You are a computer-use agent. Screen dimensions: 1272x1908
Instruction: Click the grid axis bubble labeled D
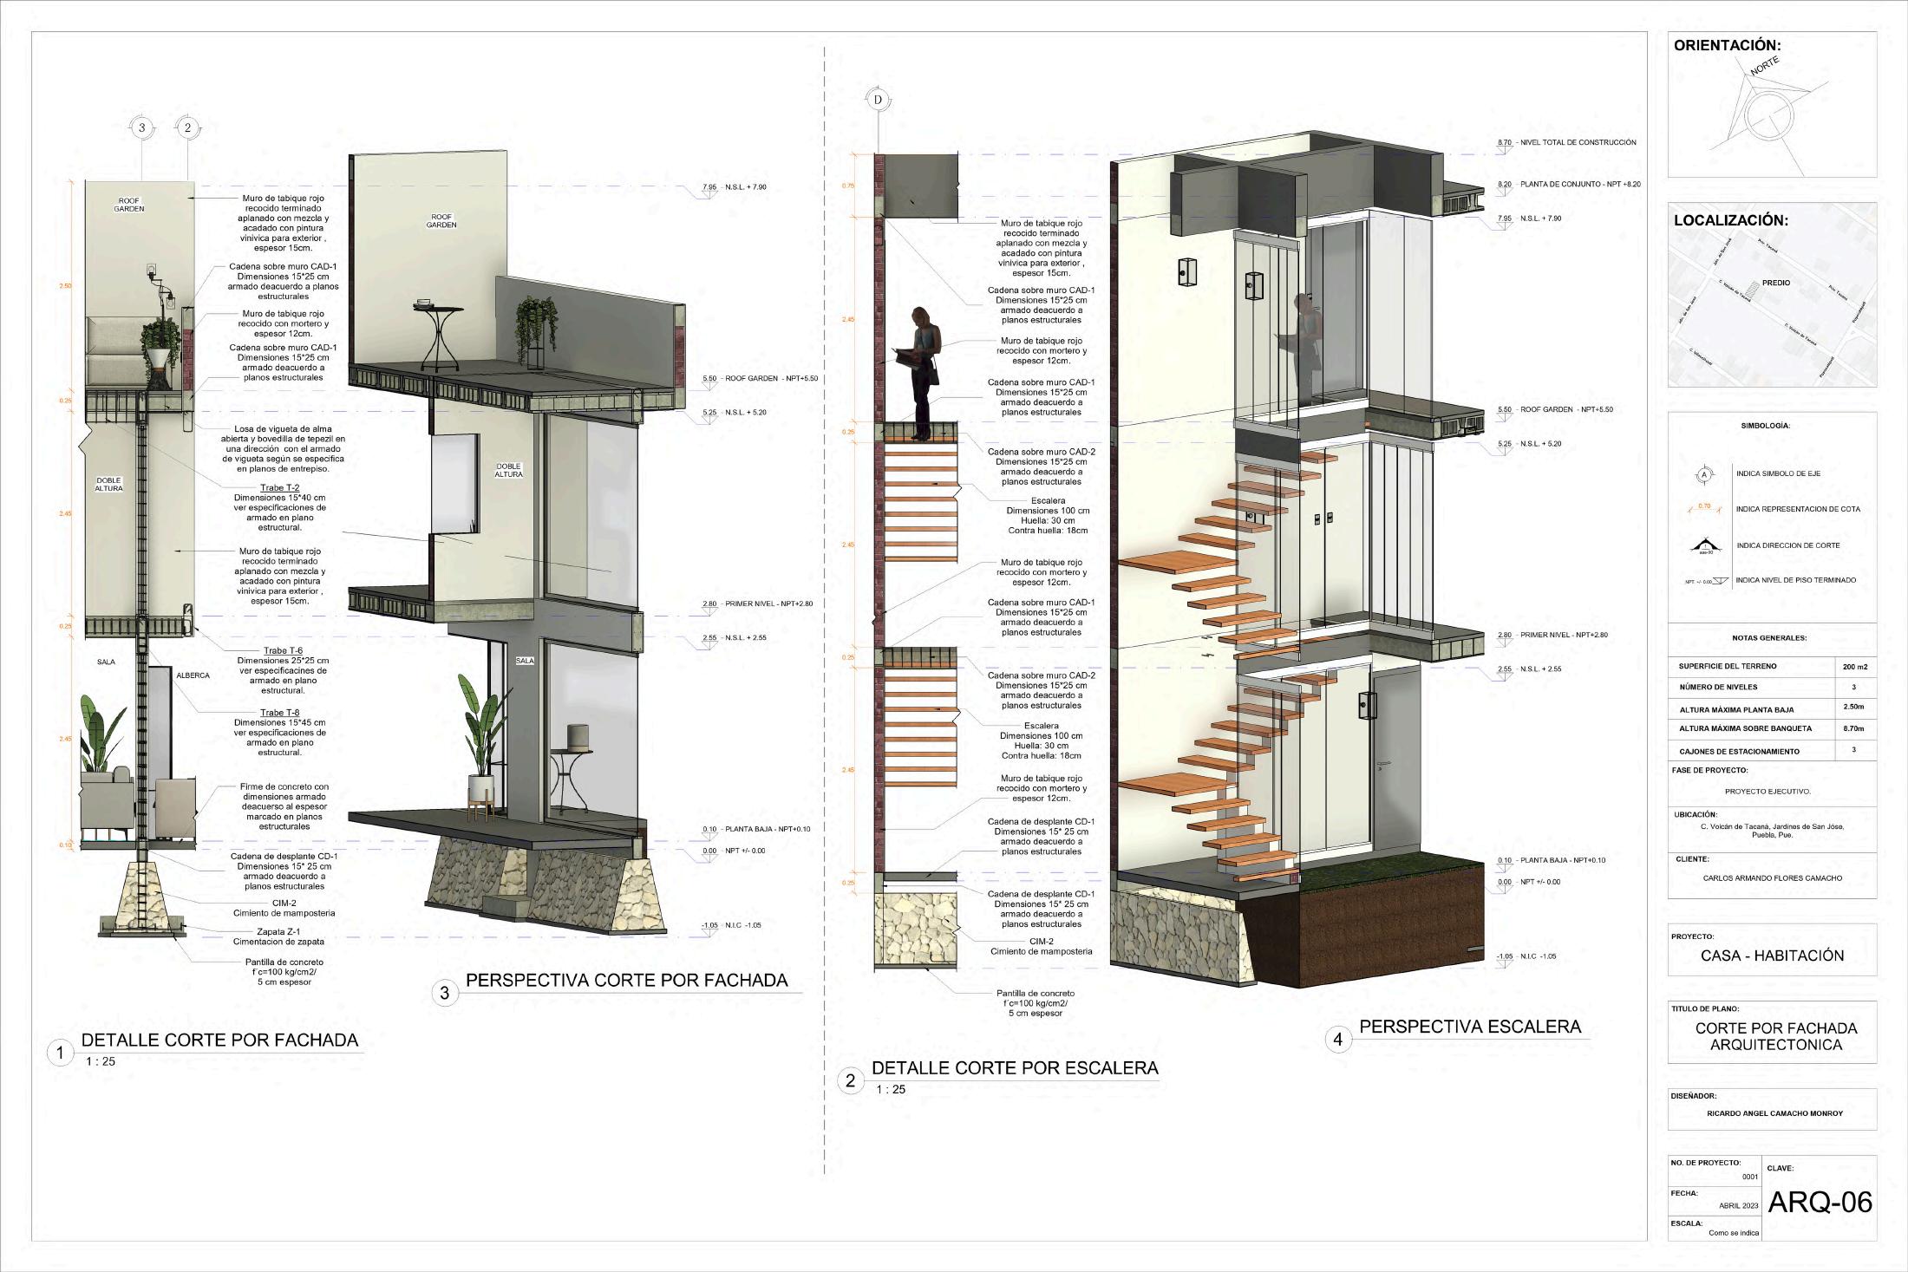[878, 100]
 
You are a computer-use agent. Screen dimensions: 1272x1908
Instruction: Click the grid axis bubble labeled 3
[142, 128]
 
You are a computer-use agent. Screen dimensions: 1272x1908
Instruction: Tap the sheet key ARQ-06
[1820, 1202]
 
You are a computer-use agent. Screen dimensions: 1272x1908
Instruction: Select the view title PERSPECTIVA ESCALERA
[1470, 1027]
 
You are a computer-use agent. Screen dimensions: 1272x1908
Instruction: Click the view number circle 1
[60, 1053]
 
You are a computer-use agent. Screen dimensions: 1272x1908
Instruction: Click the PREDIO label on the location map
[1775, 283]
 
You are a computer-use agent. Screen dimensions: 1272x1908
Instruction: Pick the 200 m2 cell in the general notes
[1854, 667]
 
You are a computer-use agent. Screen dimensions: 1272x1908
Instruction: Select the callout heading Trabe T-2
[279, 488]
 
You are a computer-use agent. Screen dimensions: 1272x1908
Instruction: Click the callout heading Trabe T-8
[279, 713]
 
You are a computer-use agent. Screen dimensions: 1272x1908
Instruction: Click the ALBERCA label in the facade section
[193, 675]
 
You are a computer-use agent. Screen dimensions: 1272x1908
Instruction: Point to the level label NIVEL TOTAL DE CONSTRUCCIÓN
[1578, 142]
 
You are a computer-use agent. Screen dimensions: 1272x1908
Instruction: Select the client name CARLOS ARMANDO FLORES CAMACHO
[1772, 878]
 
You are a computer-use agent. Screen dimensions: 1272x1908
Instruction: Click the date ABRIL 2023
[1738, 1206]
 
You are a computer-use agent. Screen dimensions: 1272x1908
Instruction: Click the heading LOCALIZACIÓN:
[1730, 221]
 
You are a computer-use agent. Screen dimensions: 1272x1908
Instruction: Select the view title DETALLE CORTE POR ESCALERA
[1015, 1068]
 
